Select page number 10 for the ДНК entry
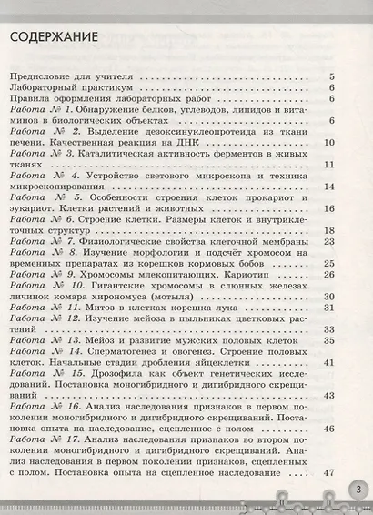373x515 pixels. [329, 144]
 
